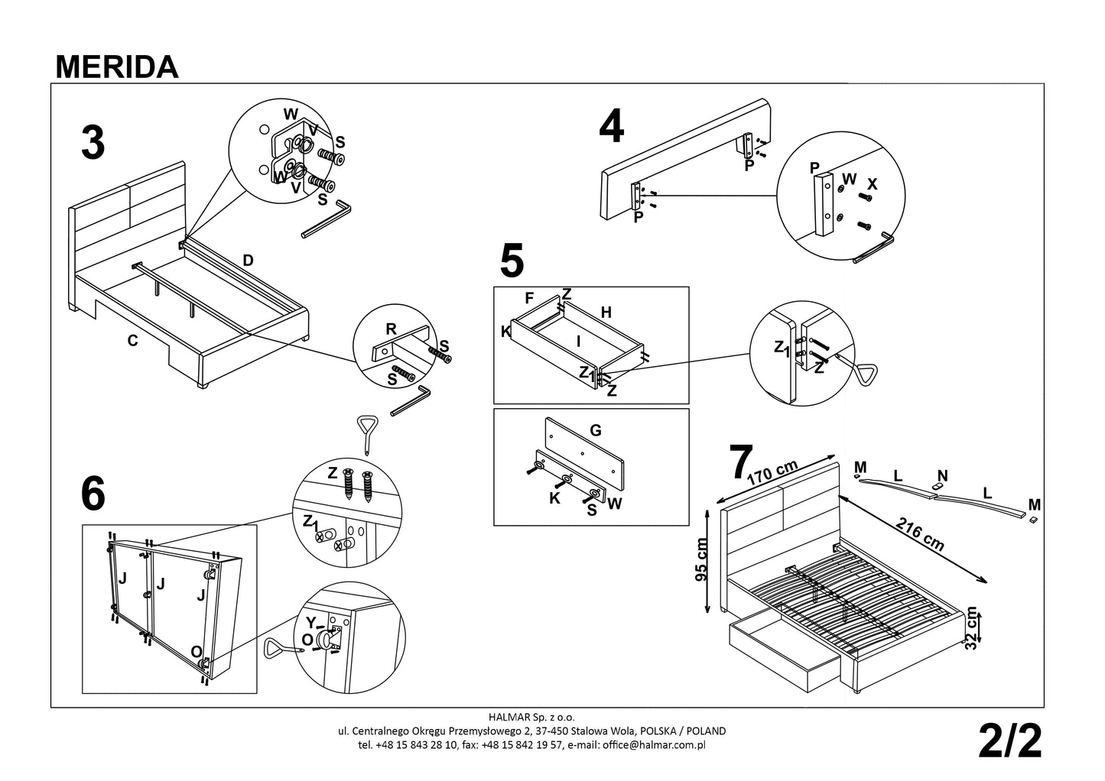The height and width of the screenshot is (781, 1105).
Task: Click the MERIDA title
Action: point(117,67)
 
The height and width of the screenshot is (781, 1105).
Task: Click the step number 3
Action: point(93,143)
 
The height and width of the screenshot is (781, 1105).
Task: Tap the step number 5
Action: point(512,261)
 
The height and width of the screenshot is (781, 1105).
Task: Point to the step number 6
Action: point(93,495)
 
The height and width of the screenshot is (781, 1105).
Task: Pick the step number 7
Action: point(740,461)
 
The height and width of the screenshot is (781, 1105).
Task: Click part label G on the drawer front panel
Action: point(596,430)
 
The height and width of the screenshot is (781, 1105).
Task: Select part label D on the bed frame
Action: point(248,261)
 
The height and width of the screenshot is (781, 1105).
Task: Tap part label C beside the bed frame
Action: point(132,342)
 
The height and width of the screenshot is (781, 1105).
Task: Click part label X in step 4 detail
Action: point(873,184)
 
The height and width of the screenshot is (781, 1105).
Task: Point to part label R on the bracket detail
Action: point(391,330)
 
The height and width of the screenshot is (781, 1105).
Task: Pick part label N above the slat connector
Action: point(942,476)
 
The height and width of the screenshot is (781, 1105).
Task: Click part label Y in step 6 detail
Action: point(310,621)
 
